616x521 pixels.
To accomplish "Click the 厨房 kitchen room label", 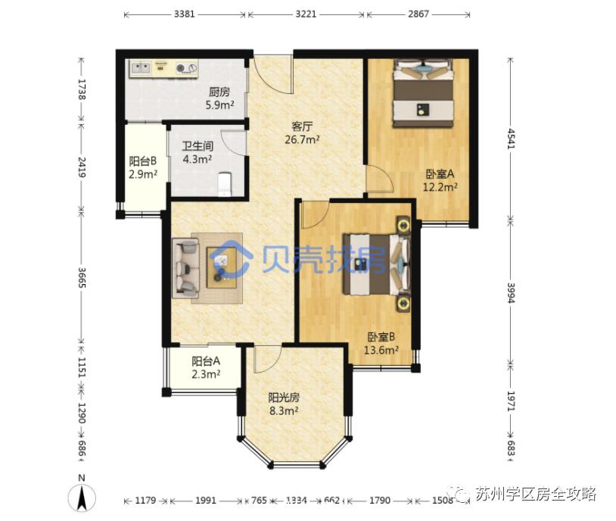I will coord(219,93).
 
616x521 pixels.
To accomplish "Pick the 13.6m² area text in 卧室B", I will coord(381,350).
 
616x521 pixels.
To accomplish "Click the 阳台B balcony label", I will coord(143,161).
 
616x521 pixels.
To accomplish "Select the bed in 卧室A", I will coord(423,95).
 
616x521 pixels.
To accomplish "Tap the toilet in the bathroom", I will coord(223,184).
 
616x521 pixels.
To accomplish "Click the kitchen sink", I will coord(141,70).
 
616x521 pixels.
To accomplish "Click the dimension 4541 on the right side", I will coord(512,141).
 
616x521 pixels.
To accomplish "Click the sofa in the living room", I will coord(185,267).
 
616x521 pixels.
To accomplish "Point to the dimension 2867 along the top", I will coord(417,14).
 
